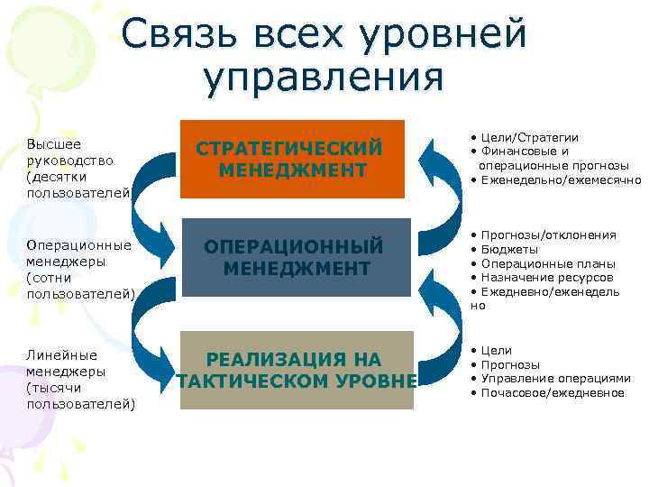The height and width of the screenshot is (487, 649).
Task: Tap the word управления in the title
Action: (x=324, y=78)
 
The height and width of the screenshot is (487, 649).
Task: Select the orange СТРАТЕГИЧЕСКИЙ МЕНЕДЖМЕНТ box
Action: (x=292, y=159)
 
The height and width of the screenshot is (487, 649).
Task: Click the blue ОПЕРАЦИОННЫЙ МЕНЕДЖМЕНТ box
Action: (x=296, y=257)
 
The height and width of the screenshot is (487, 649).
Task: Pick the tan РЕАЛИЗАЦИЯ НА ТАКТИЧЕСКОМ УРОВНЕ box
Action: (x=297, y=370)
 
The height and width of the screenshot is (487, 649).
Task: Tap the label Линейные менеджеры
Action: (x=67, y=363)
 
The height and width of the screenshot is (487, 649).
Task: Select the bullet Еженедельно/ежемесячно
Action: (x=559, y=179)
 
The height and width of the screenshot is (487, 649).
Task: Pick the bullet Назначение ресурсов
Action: (x=546, y=277)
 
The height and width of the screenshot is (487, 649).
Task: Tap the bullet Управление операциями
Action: (x=555, y=378)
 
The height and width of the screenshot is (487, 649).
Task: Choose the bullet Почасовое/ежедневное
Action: (x=552, y=392)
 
